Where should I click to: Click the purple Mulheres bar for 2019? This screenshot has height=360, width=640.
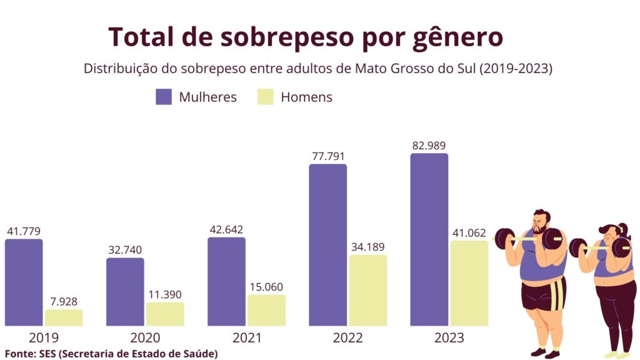point(24,282)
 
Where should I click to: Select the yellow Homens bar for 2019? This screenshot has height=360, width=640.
point(64,317)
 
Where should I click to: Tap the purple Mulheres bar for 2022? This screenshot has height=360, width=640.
point(327,244)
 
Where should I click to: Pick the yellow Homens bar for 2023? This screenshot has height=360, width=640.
point(469,283)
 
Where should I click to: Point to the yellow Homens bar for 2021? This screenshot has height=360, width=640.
point(266,310)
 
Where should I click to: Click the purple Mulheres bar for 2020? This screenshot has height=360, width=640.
point(125,291)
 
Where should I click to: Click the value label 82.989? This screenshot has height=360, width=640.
point(429,146)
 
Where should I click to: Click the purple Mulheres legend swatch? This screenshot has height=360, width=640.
point(164,97)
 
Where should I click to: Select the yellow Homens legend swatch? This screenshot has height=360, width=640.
point(266,97)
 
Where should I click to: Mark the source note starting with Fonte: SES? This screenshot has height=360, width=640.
point(111,354)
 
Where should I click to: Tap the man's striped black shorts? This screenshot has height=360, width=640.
point(543,294)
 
